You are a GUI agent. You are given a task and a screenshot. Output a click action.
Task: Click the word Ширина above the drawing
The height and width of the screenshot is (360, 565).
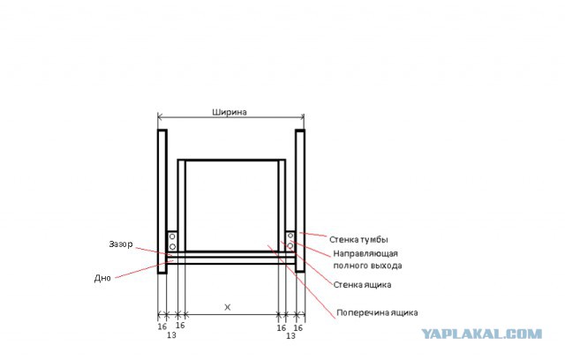(230, 112)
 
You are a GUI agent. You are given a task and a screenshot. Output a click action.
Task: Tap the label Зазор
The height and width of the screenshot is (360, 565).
(121, 244)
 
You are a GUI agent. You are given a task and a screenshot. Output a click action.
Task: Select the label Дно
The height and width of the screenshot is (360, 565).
(102, 278)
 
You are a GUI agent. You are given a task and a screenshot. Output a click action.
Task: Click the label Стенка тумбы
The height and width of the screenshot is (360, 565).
(358, 239)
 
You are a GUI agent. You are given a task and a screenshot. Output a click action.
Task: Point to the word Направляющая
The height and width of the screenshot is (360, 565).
(365, 254)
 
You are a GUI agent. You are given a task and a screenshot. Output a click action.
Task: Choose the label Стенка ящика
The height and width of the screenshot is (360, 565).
(362, 285)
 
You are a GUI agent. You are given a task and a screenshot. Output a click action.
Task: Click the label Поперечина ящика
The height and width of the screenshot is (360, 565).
(377, 313)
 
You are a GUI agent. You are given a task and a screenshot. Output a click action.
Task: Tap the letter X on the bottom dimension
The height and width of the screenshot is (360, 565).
(228, 307)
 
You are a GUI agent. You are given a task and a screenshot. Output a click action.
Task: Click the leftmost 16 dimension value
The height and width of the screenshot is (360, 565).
(162, 326)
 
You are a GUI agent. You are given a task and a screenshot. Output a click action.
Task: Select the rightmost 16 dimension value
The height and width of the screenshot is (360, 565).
(298, 328)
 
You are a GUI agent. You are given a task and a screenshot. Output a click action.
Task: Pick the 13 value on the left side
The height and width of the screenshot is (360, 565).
(171, 335)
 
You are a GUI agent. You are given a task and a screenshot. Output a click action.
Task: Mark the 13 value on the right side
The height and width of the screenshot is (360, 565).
(290, 336)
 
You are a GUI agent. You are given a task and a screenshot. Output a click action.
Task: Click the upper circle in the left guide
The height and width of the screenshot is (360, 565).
(172, 236)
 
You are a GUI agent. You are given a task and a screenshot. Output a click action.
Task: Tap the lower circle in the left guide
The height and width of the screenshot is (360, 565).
(172, 246)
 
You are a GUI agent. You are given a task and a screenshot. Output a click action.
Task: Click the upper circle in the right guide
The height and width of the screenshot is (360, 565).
(290, 236)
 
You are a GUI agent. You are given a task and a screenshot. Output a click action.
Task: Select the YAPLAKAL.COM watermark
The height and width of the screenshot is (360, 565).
(482, 334)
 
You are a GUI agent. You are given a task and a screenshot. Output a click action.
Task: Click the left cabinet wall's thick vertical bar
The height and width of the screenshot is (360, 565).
(162, 201)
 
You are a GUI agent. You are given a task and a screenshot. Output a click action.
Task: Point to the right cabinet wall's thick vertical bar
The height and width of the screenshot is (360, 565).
(300, 201)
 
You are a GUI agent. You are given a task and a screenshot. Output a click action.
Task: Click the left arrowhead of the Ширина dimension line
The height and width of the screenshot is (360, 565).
(160, 116)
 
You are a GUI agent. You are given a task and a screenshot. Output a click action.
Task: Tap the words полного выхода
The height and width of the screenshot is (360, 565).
(367, 266)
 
